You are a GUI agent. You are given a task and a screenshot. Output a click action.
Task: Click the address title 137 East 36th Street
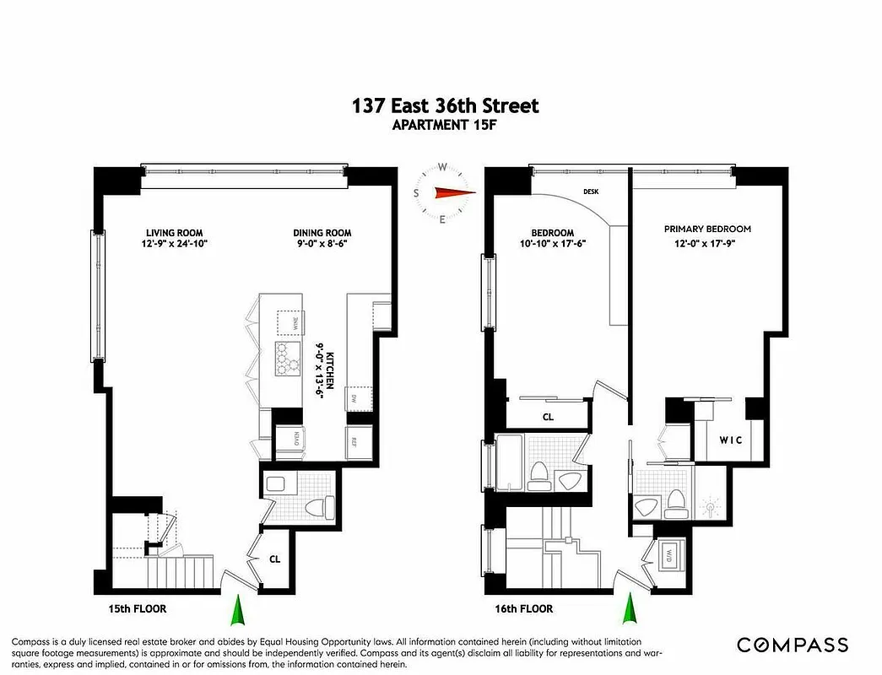[x=445, y=105]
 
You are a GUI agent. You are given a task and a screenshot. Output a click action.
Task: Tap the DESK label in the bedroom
[x=591, y=192]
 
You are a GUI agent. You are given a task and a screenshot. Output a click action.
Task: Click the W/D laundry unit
[x=672, y=556]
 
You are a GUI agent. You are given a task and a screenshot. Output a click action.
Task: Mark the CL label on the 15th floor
[x=275, y=558]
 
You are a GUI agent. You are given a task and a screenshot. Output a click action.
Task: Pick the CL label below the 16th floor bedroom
[x=548, y=416]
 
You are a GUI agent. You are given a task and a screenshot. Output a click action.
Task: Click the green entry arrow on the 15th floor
[x=238, y=608]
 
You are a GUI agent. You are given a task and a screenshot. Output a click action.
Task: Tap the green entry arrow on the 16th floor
[x=628, y=608]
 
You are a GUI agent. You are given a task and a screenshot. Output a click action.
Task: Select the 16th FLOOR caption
[x=524, y=608]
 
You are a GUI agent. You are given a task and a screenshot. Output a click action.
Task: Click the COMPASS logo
[x=793, y=645]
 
